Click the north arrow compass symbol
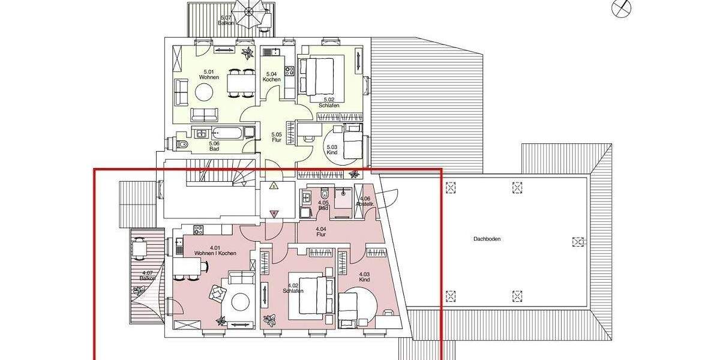click(622, 8)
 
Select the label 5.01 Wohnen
click(210, 75)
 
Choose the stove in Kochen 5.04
click(289, 71)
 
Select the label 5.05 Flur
click(276, 137)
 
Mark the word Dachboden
click(487, 239)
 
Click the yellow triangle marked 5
click(274, 186)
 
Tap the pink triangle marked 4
click(274, 212)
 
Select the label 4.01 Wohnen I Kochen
click(214, 251)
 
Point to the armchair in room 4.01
click(217, 295)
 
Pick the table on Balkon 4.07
click(139, 248)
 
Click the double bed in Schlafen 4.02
click(308, 297)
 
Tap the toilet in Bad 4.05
click(324, 194)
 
